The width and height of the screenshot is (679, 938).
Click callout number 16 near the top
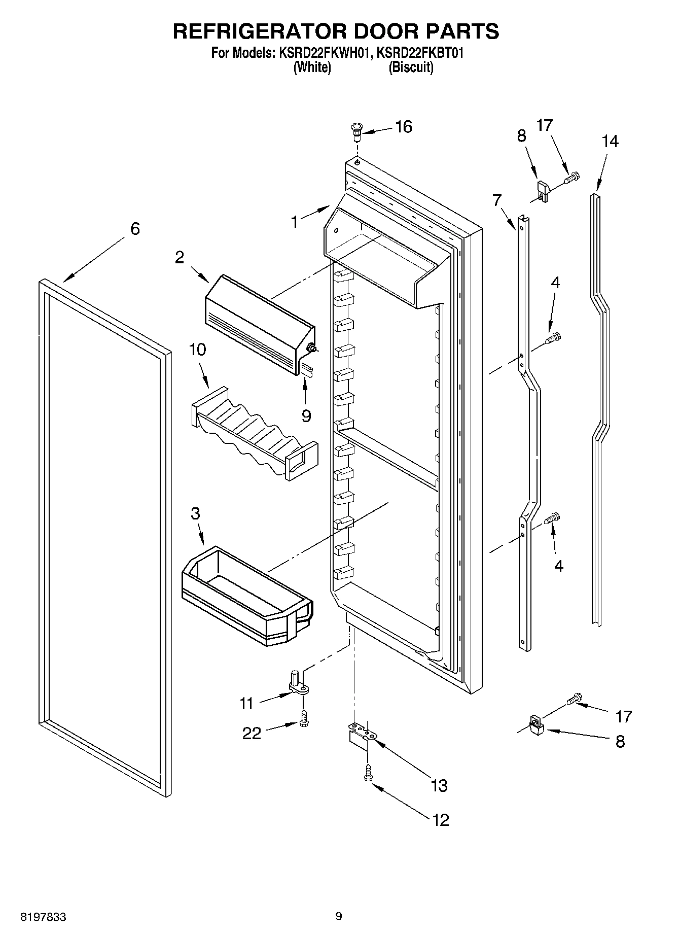[404, 126]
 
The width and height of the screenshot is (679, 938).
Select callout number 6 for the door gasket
[134, 229]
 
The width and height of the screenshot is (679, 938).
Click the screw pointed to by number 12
[367, 773]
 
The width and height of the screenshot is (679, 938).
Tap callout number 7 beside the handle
[496, 200]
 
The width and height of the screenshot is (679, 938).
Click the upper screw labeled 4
[553, 337]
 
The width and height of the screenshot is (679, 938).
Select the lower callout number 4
[558, 566]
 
